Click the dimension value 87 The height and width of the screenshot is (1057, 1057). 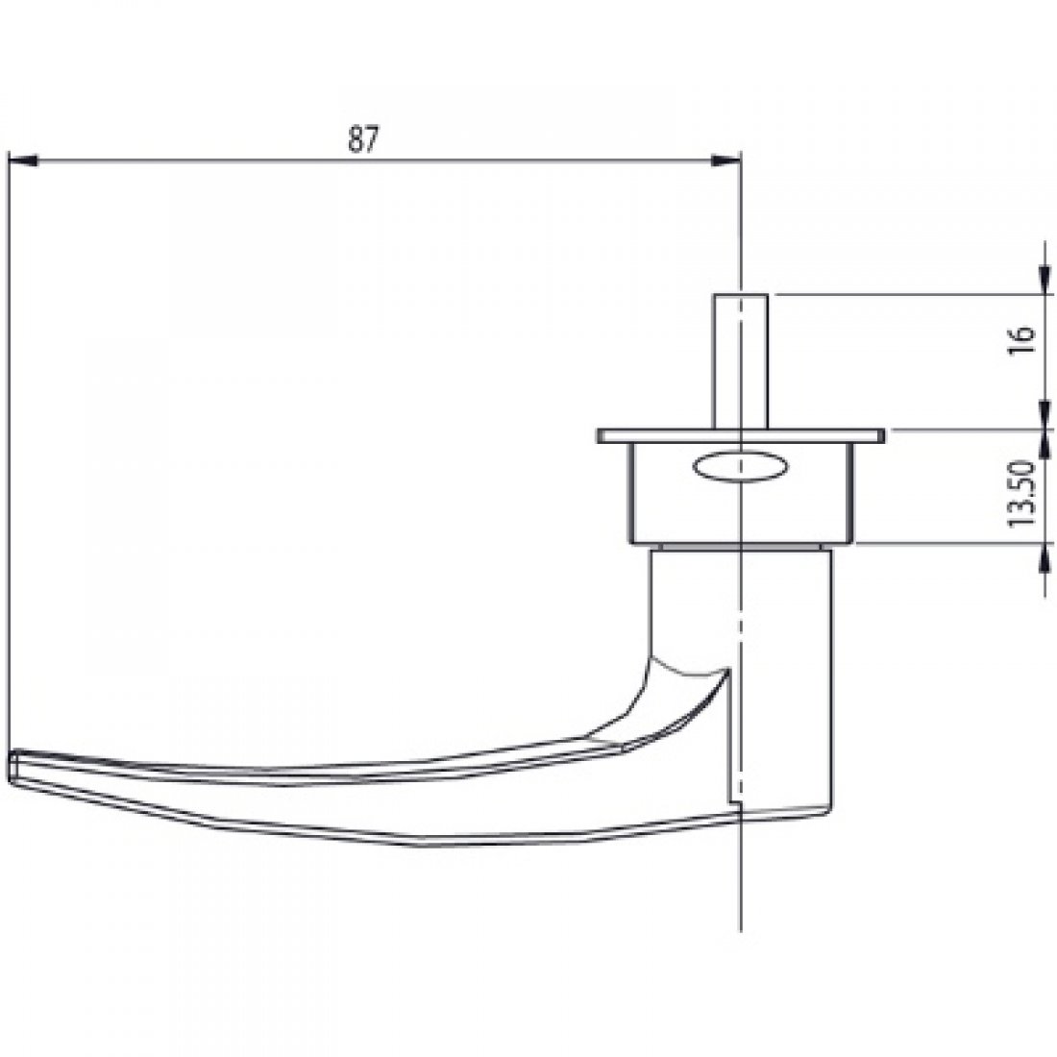(362, 139)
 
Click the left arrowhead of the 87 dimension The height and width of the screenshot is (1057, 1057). (21, 162)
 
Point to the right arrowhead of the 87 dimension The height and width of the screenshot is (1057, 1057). (727, 162)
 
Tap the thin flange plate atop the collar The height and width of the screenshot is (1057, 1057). (740, 436)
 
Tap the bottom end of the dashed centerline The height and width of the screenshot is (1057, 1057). (742, 927)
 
